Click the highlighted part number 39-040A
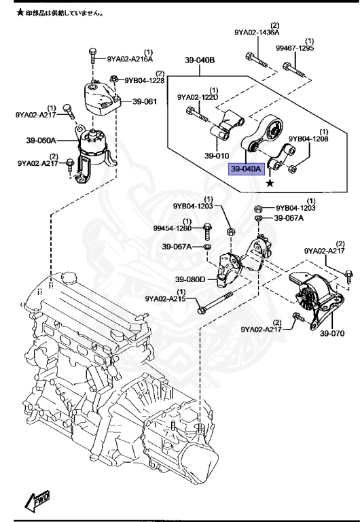coord(246,169)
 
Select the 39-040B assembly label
coord(200,60)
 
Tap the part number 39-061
coord(145,101)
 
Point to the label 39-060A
coord(41,140)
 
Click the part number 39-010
coord(217,156)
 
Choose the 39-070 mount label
coord(332,333)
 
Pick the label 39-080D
coord(190,279)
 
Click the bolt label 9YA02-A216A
coord(130,59)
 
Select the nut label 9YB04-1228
coord(145,80)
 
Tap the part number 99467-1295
coord(295,48)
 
